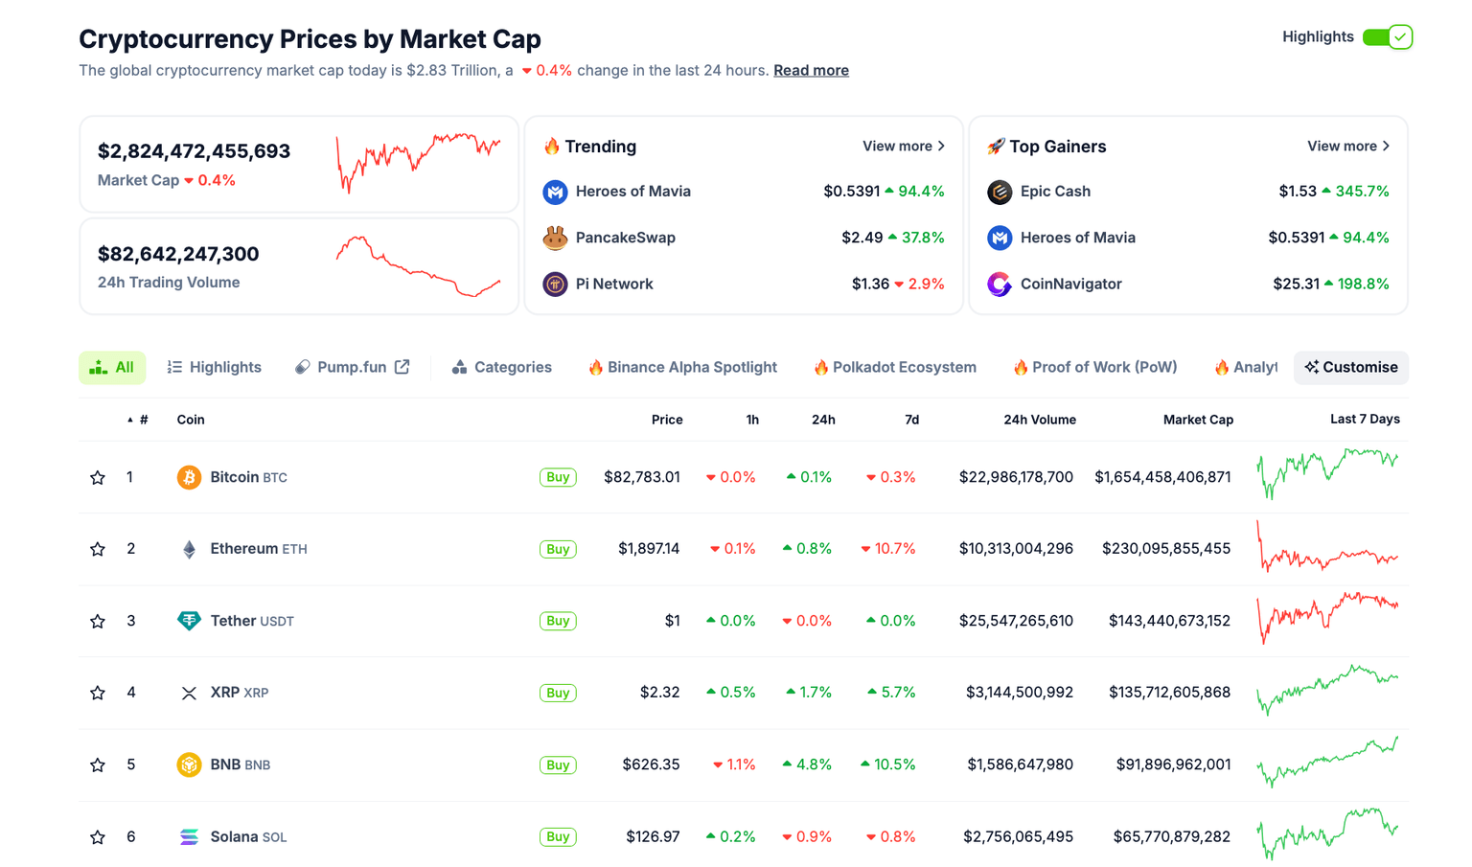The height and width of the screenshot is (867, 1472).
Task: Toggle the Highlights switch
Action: click(x=1387, y=37)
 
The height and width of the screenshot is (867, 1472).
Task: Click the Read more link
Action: click(x=811, y=70)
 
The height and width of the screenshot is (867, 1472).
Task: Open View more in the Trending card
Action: click(x=903, y=147)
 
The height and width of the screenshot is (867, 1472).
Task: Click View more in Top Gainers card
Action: click(x=1347, y=147)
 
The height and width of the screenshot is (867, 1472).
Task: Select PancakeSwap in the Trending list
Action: click(x=625, y=238)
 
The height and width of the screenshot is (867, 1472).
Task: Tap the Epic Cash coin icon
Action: click(x=1000, y=192)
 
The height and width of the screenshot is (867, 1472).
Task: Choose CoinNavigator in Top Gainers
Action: click(x=1070, y=285)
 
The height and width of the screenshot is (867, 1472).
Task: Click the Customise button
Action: click(x=1350, y=368)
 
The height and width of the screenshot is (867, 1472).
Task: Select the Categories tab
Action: click(x=501, y=368)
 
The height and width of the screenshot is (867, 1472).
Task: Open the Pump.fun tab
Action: click(x=352, y=368)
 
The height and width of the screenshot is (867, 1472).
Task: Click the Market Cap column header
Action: click(x=1197, y=420)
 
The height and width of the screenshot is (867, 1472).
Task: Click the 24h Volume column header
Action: click(x=1039, y=420)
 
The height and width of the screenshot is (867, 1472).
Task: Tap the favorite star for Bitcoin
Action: click(x=98, y=477)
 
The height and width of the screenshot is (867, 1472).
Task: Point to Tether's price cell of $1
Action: click(x=672, y=621)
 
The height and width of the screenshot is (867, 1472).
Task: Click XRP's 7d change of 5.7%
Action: click(x=891, y=693)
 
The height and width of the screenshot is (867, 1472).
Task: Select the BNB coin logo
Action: click(x=189, y=764)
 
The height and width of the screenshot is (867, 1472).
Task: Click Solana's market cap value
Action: click(x=1171, y=837)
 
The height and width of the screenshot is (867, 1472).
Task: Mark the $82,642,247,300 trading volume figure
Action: click(x=178, y=254)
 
